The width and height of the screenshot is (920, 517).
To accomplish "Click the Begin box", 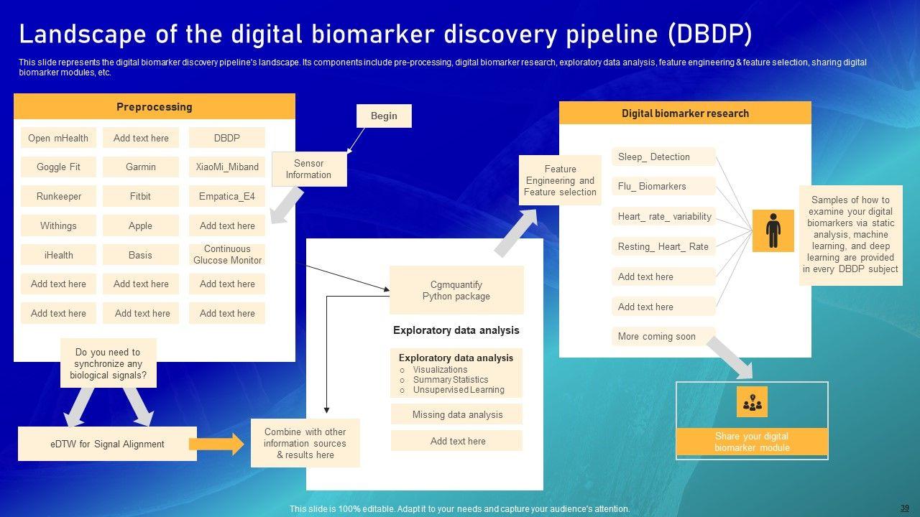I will tap(384, 116).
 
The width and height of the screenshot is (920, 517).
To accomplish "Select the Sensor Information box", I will tap(308, 169).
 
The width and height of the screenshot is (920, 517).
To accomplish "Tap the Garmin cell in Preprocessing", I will tap(141, 167).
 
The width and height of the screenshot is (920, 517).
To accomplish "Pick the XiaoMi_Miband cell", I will tap(227, 167).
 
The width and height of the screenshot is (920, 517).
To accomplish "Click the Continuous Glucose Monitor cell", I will tap(227, 255).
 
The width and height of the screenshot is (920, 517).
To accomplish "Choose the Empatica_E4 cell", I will tap(227, 196).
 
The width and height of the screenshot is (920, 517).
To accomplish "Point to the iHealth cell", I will tap(58, 255).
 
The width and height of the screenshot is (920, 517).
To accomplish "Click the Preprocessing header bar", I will tap(155, 107).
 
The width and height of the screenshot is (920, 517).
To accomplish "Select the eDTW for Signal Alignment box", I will tap(107, 444).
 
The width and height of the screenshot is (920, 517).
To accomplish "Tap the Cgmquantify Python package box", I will tap(456, 290).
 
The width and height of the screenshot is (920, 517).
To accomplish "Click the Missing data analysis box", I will tap(457, 414).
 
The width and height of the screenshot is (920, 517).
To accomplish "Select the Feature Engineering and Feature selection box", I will tap(560, 180).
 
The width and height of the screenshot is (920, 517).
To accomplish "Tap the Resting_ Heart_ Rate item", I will tap(663, 246).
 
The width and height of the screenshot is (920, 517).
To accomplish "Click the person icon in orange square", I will tap(773, 230).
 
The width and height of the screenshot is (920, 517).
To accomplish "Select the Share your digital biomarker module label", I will tap(752, 442).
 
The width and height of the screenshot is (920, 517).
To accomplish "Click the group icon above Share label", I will tap(752, 402).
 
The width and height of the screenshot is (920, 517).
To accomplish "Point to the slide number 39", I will tap(904, 507).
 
